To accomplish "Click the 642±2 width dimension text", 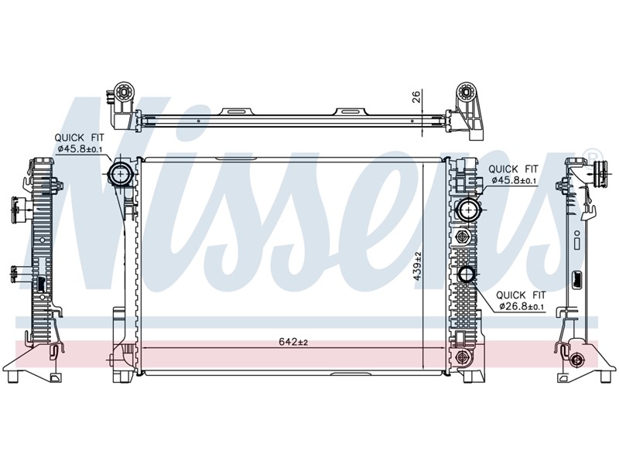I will click(x=289, y=343).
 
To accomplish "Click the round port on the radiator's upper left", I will click(x=121, y=175).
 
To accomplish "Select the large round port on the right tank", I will click(x=467, y=209).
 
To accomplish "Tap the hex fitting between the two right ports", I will click(x=463, y=237).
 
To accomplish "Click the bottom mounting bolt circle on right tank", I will click(x=463, y=357).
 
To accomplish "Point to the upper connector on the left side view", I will click(x=18, y=206).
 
